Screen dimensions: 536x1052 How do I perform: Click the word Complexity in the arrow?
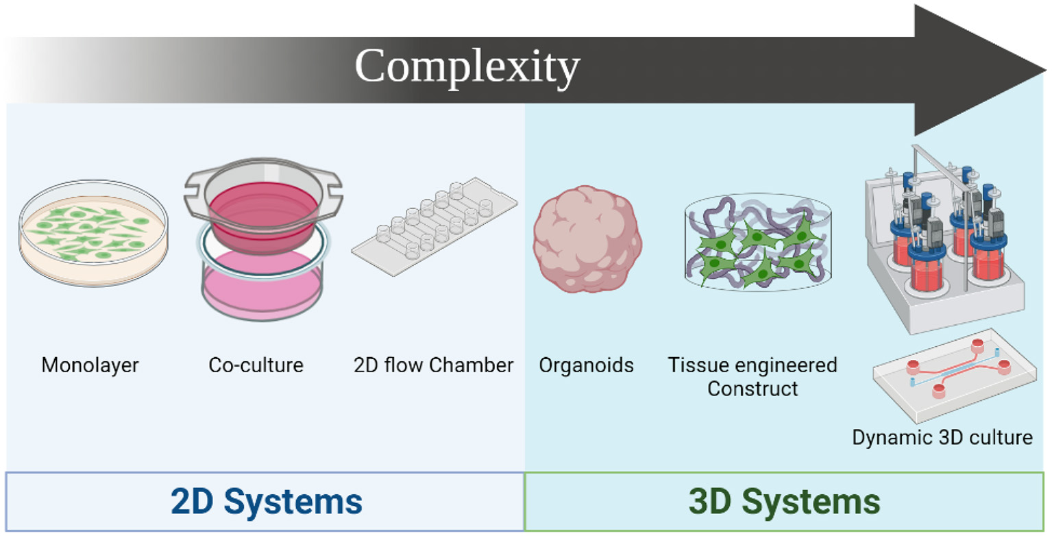pos(467,66)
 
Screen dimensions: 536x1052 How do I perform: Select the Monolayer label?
pos(90,365)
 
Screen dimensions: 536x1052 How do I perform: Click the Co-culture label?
pos(256,365)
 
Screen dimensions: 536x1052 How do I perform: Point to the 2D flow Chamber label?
pos(432,365)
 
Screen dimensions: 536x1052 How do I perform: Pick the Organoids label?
pos(586,365)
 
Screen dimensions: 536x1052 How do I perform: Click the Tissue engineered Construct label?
pos(753,376)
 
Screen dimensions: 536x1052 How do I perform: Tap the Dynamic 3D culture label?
pos(942,437)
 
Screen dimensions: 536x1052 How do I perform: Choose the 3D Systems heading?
pos(785,502)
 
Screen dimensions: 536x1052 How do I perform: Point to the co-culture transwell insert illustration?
pos(262,241)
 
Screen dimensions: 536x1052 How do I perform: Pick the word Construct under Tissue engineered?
pos(753,389)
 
